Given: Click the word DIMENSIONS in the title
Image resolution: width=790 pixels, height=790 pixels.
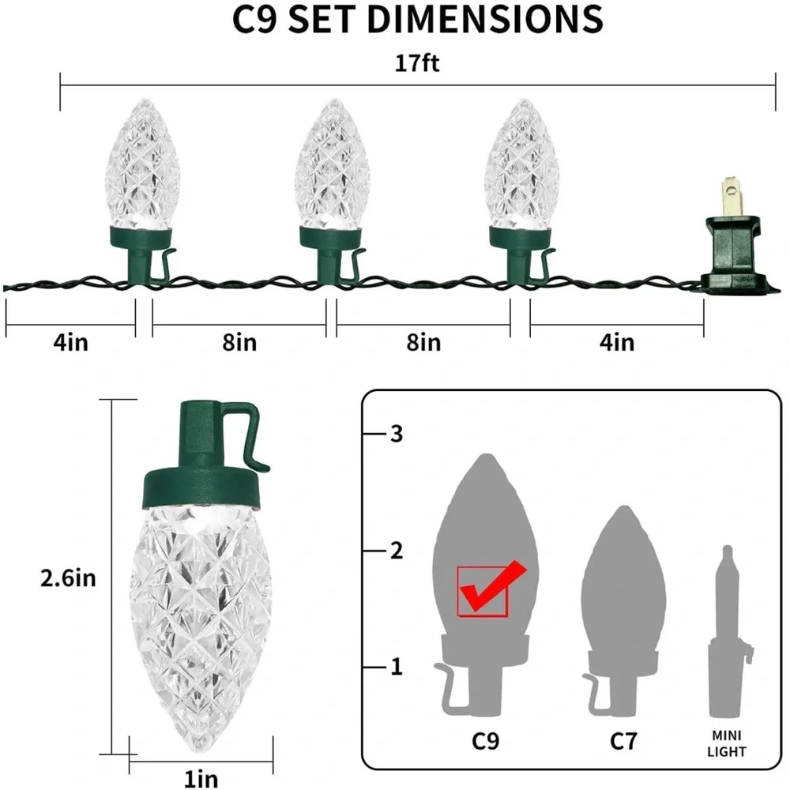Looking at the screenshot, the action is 485,20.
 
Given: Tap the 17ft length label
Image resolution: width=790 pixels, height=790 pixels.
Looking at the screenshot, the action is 416,63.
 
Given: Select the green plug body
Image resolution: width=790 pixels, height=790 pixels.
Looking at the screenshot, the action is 736,254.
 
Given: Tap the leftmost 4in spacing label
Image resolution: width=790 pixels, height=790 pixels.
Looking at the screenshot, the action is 70,343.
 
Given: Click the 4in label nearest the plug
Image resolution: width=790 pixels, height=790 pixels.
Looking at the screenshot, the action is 617,343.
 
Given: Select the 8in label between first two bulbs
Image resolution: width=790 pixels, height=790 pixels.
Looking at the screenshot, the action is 239,343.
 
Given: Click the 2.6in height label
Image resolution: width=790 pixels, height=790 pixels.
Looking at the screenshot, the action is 68,578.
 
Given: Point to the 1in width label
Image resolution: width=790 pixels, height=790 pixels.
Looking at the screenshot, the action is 201,778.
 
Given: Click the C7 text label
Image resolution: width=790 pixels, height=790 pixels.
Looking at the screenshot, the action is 623,741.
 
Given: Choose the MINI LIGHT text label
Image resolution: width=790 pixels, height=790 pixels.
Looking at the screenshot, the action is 727,743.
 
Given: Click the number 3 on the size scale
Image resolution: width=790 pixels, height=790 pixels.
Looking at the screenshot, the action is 397,434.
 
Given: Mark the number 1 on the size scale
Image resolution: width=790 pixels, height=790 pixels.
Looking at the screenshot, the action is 397,667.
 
